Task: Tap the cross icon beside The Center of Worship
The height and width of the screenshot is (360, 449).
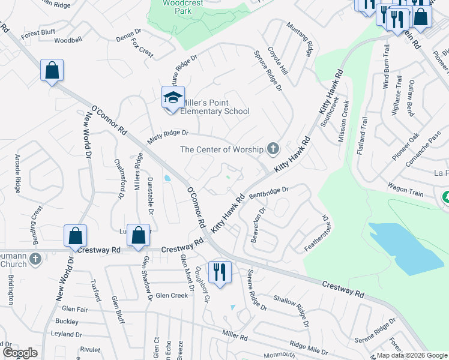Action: tap(273, 148)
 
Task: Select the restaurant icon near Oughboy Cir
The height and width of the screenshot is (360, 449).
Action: tap(219, 272)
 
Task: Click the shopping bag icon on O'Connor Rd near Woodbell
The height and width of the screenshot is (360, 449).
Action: tap(52, 70)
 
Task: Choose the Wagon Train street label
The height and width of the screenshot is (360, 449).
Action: tap(405, 190)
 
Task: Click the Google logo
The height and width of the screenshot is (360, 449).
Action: tap(20, 353)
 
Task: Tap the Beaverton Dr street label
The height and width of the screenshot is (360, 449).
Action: tap(259, 225)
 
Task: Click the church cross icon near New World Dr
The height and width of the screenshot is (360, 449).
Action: tap(35, 259)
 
